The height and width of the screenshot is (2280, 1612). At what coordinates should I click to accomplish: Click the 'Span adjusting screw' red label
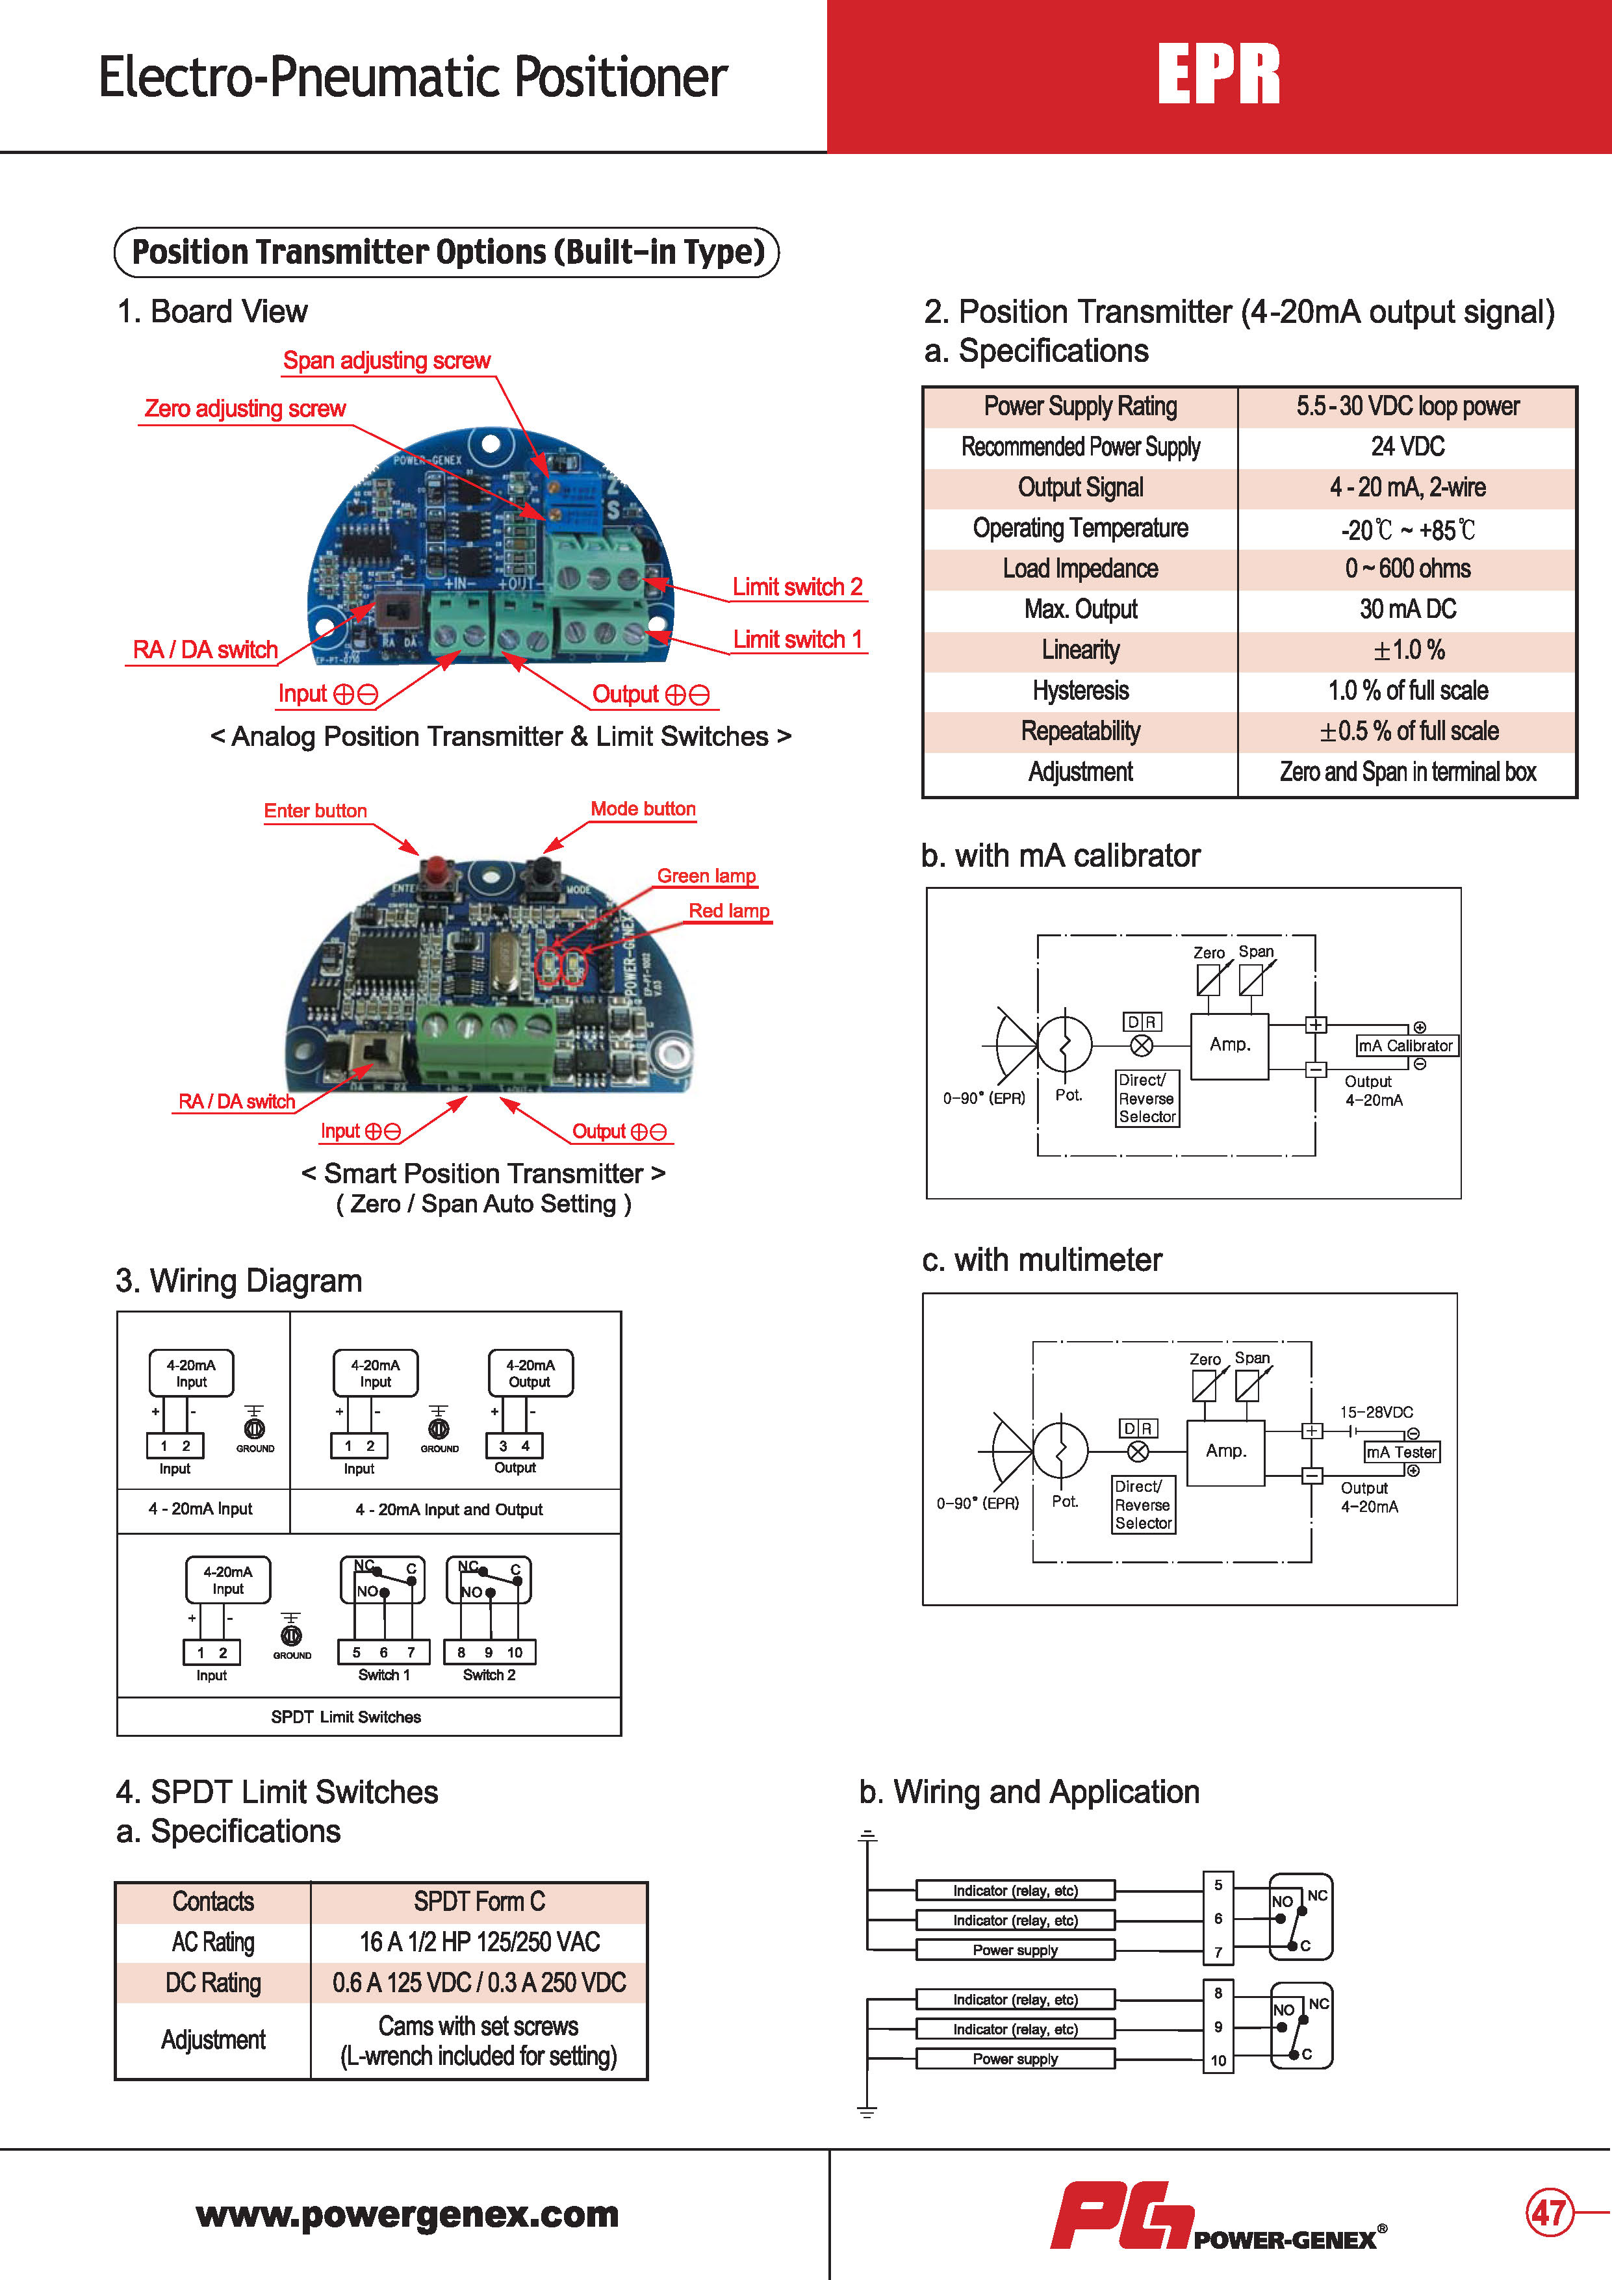pos(387,361)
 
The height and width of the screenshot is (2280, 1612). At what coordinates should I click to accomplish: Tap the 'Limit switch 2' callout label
pos(798,587)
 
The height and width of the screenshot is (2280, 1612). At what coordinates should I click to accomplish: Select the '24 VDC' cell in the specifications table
pos(1407,447)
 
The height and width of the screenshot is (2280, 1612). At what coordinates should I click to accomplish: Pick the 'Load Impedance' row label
pos(1080,569)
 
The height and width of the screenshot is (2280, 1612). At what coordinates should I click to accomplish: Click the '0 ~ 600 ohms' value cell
pos(1407,569)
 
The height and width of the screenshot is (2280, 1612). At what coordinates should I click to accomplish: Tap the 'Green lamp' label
pos(706,876)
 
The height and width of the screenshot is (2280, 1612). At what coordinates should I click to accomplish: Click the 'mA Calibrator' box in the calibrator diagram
pos(1405,1045)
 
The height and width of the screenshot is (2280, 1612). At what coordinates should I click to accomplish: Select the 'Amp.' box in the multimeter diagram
pos(1225,1451)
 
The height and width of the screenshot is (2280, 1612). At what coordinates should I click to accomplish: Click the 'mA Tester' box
pos(1400,1452)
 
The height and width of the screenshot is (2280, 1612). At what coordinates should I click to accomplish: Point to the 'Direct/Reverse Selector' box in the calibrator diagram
pos(1147,1098)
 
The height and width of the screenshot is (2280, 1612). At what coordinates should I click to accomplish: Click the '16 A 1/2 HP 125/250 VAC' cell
pos(479,1942)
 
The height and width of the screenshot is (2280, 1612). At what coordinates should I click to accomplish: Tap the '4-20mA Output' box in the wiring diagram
pos(530,1374)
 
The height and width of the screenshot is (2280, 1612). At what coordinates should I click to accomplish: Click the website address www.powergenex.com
pos(407,2214)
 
